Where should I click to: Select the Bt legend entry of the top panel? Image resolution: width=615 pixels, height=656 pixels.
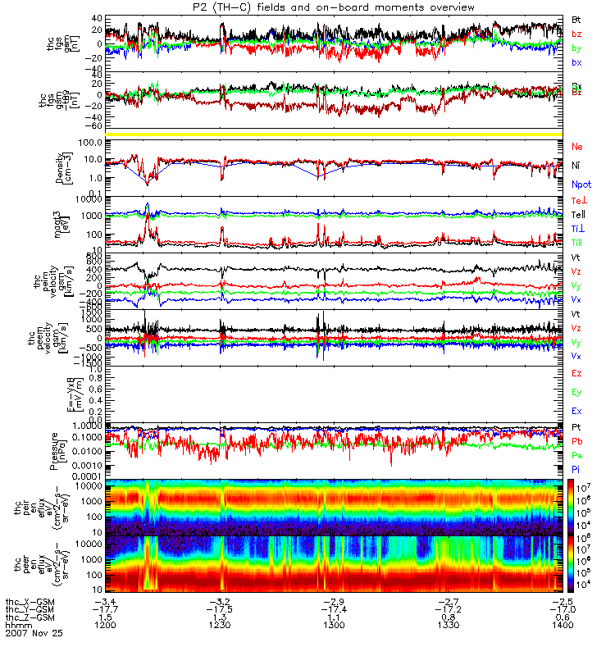576,19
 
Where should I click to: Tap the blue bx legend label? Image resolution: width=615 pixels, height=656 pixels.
576,62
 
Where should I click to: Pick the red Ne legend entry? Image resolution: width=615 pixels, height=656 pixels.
576,146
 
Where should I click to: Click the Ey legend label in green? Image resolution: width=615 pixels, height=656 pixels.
576,392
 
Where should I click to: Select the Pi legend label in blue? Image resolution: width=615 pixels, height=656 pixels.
576,469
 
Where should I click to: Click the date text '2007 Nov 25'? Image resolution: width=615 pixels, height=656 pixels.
34,633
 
